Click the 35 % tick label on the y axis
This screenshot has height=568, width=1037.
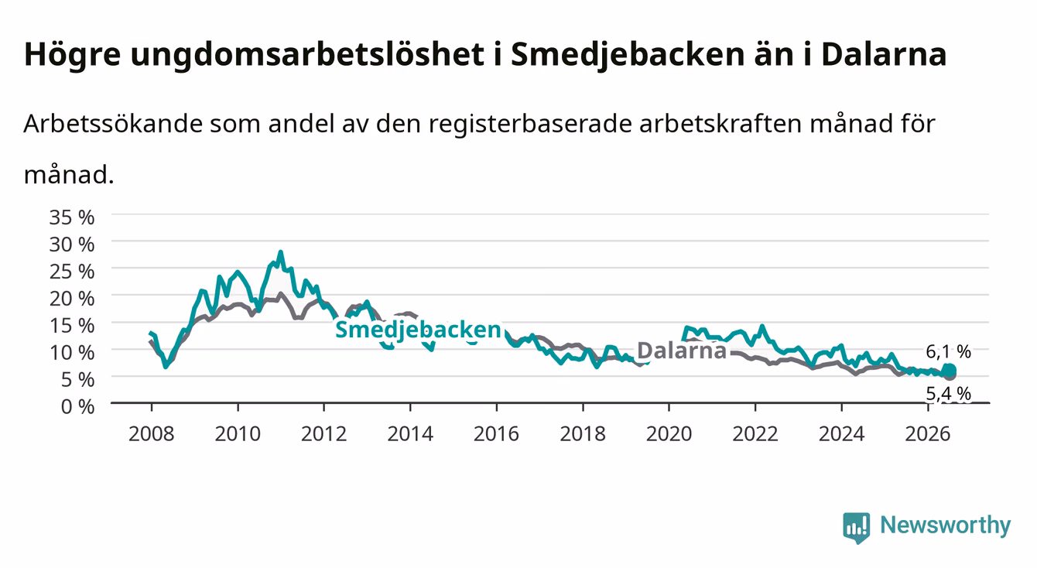[72, 217]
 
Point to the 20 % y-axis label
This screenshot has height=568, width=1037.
[72, 299]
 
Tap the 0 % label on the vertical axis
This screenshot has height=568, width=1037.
[77, 407]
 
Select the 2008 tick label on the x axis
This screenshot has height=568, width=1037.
[152, 434]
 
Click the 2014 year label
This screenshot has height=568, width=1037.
[410, 434]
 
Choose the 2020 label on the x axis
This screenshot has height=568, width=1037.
[669, 434]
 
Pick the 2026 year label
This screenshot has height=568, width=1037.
[928, 434]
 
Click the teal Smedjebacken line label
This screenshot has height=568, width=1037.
[418, 330]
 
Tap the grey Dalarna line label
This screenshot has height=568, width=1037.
[682, 351]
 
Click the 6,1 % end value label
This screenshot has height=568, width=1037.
[948, 352]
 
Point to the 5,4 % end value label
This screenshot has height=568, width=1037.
[948, 393]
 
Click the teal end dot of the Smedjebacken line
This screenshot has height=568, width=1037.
[949, 371]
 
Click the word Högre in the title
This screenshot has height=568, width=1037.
[73, 55]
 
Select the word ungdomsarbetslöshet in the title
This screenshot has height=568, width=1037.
[307, 55]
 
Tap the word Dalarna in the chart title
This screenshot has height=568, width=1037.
[884, 55]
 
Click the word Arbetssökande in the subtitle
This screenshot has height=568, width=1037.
[113, 124]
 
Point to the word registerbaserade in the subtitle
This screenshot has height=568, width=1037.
[530, 124]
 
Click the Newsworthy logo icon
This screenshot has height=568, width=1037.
[857, 527]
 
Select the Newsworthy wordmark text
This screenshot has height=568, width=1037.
[946, 525]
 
